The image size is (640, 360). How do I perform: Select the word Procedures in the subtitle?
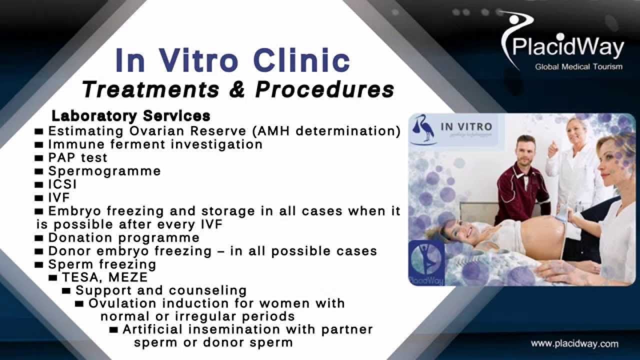coord(324,89)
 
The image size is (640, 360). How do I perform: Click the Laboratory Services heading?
coord(131,116)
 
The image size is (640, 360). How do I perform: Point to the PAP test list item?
coord(77,157)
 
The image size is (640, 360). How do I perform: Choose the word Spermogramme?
coord(104,171)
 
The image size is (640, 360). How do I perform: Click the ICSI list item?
coord(62,184)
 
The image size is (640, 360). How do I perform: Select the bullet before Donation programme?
coord(40,237)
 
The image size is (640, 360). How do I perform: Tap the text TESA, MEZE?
coord(105,277)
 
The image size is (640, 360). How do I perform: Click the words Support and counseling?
coord(161,290)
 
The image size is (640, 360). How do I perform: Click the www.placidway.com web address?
coord(574,344)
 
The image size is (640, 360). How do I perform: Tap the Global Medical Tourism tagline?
coord(578,66)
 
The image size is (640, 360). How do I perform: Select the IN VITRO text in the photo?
coord(466,127)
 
